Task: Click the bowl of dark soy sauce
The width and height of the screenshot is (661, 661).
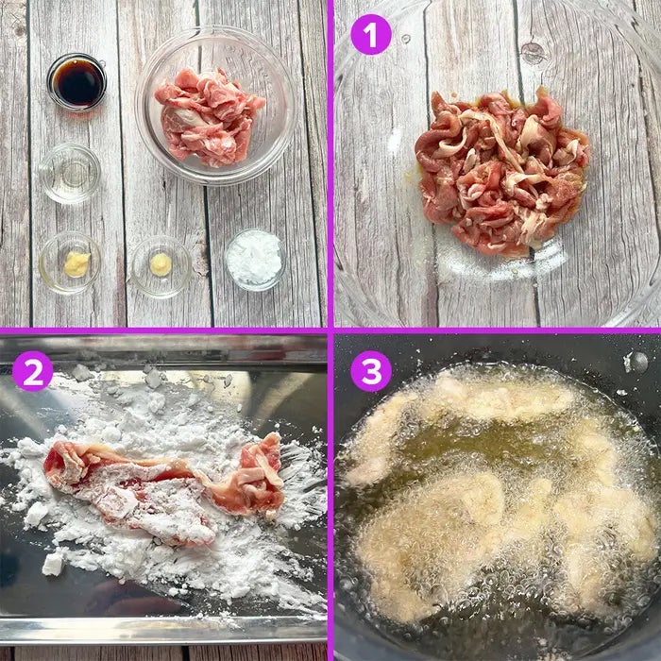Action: pos(76,82)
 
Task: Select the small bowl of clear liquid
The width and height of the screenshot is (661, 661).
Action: pos(70,173)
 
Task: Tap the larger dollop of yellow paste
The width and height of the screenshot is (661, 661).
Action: pos(77,263)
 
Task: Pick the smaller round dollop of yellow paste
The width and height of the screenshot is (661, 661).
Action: pos(161,264)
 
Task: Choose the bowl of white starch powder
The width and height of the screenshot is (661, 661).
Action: pos(255,260)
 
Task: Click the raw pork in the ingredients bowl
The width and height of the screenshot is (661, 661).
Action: pos(208,116)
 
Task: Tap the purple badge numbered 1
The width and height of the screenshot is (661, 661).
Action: pos(371,35)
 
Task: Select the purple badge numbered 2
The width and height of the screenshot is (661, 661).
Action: pos(32,371)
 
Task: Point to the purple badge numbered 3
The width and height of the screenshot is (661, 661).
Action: pos(371,371)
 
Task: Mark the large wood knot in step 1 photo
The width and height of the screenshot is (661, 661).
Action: pos(533,53)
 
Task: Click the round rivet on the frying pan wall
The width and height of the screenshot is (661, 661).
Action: pos(636,362)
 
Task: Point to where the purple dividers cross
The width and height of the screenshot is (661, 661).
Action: pos(330,330)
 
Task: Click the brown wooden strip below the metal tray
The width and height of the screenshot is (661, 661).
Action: pos(163,653)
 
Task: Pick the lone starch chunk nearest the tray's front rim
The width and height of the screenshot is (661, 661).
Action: pos(53,564)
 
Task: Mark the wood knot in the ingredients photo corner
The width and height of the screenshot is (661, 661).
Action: pos(18,28)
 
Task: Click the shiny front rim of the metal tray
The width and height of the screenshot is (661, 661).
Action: pos(163,630)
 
